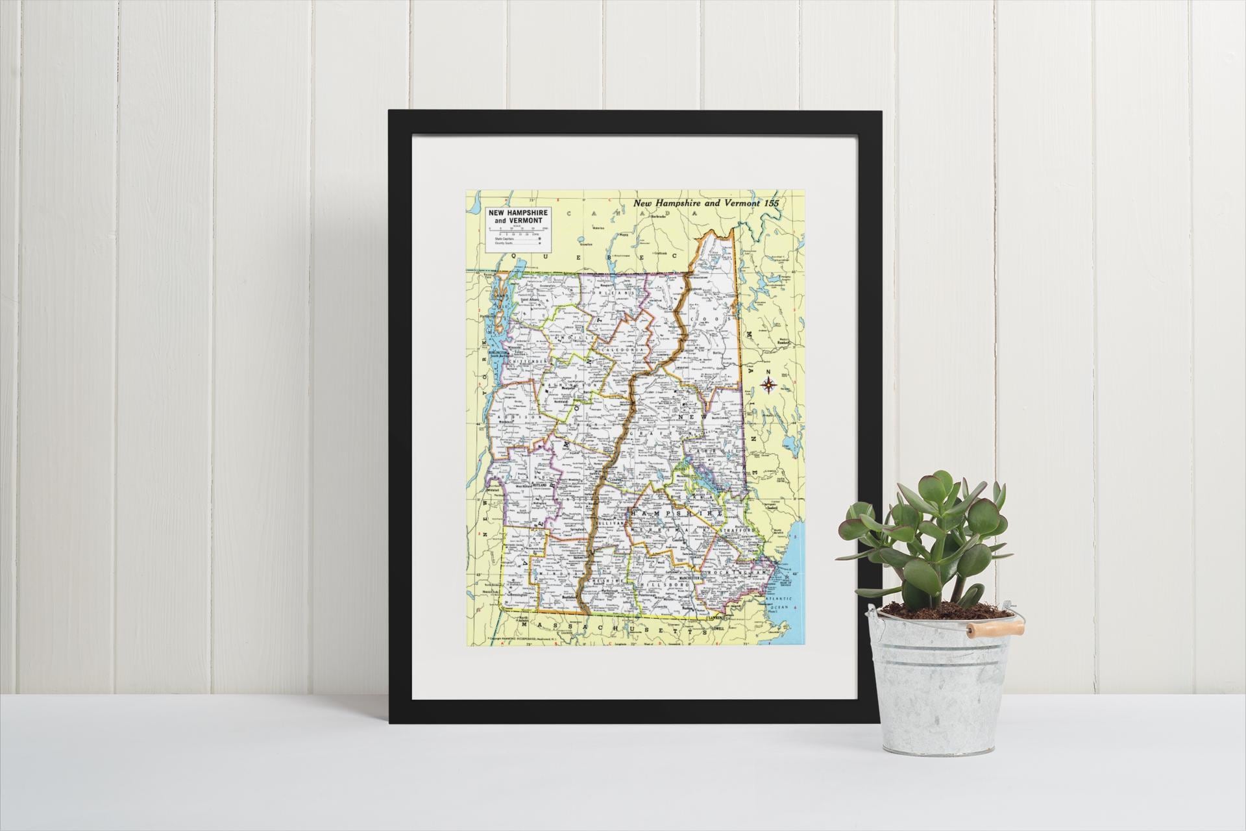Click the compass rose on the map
click(x=769, y=385)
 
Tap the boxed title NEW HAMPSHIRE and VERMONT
click(x=518, y=217)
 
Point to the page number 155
click(x=777, y=203)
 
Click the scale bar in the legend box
click(x=518, y=231)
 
